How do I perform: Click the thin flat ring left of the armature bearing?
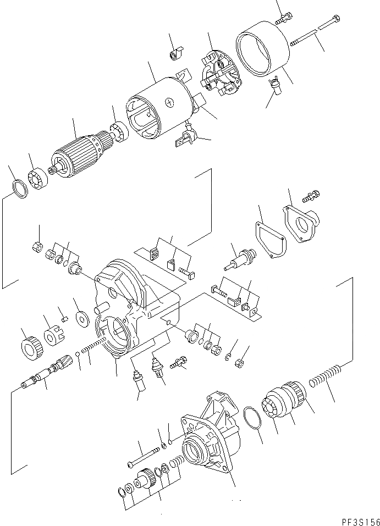[x=20, y=188]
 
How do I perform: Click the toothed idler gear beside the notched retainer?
[x=30, y=346]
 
